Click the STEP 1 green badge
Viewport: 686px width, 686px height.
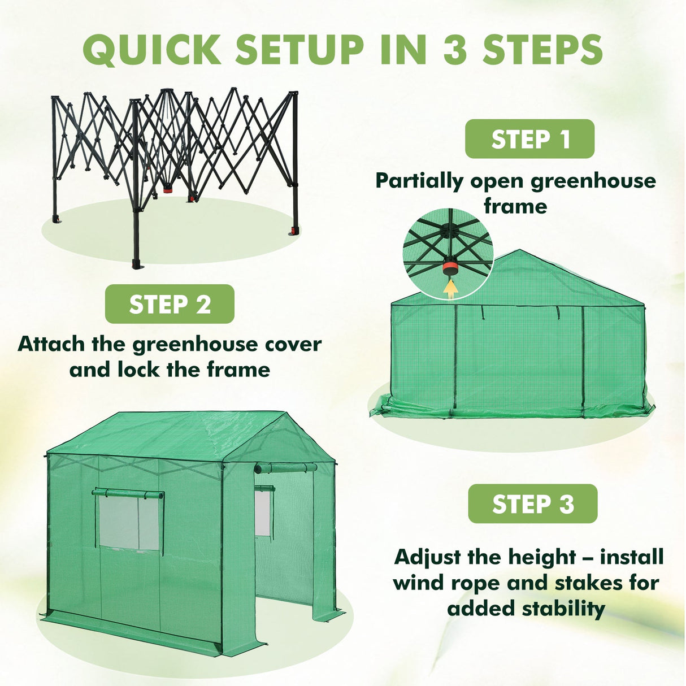click(529, 139)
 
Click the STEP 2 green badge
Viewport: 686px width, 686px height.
click(170, 304)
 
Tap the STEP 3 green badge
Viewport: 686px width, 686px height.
click(532, 503)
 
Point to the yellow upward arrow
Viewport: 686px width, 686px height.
click(450, 288)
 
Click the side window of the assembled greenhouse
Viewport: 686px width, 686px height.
click(129, 523)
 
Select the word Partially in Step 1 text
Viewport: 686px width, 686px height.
click(419, 181)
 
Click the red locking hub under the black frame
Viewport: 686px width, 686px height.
click(168, 190)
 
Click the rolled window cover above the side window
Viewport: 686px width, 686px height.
click(128, 494)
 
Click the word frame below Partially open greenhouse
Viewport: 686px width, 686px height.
click(515, 206)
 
